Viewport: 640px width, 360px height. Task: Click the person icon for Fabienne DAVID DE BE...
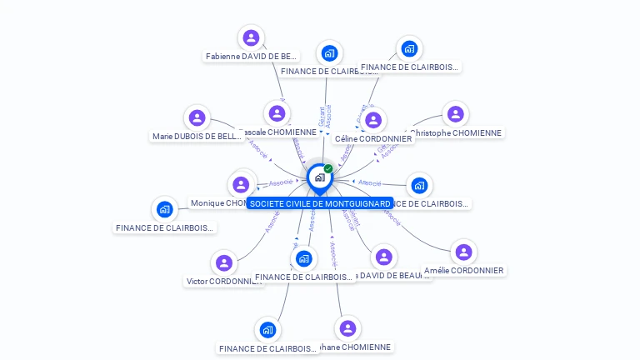[x=251, y=38]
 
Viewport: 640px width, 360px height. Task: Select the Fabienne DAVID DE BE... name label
[x=251, y=57]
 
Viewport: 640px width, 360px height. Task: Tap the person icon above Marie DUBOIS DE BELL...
[x=197, y=117]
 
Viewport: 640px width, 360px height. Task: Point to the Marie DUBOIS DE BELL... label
[x=197, y=136]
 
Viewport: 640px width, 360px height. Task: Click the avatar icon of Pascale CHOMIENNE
[x=277, y=113]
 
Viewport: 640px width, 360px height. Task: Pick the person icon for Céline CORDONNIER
[x=372, y=121]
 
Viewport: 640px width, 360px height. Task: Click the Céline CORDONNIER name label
[x=372, y=139]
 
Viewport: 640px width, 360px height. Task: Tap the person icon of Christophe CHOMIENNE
[x=455, y=114]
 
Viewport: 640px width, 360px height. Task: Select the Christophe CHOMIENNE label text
[x=457, y=132]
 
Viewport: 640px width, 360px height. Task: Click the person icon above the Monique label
[x=241, y=184]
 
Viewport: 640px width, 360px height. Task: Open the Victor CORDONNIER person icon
[x=223, y=263]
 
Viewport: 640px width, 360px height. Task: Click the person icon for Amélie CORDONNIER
[x=464, y=252]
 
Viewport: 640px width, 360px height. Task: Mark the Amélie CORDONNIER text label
[x=464, y=271]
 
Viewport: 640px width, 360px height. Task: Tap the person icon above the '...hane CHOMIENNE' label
[x=347, y=328]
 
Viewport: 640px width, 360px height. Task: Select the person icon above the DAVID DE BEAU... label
[x=383, y=257]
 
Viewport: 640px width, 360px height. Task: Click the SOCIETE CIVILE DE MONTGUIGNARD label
[x=320, y=203]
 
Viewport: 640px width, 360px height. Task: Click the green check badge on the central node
[x=328, y=169]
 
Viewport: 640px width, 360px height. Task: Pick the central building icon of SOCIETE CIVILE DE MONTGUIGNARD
[x=319, y=177]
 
